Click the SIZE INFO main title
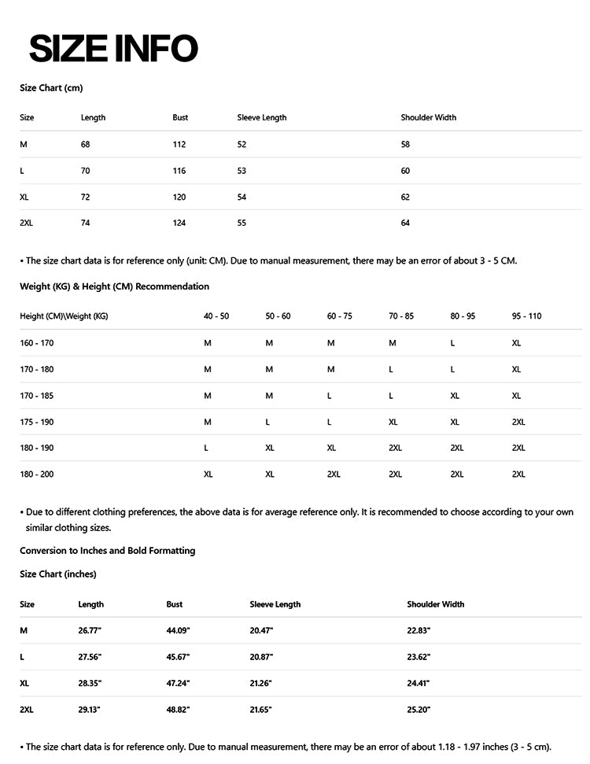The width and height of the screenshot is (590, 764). pos(113,49)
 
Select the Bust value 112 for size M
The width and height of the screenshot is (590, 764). pos(179,145)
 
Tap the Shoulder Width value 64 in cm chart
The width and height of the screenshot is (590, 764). pos(405,223)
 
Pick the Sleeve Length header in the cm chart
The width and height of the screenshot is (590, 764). pos(262,118)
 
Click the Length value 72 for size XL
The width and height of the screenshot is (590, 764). pos(86,197)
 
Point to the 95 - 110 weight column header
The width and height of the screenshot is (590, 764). pos(526,316)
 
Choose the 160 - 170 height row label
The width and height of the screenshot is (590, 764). pos(37,343)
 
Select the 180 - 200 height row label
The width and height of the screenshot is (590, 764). pos(37,474)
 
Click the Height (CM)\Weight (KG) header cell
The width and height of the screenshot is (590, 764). pos(64,316)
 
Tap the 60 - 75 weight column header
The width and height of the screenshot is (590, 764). pos(340,316)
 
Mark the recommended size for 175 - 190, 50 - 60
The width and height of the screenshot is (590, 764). pos(267,422)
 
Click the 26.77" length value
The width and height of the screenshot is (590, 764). pos(90,631)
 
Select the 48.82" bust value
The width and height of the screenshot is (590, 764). pos(178,710)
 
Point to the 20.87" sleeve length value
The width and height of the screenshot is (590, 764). pos(261,657)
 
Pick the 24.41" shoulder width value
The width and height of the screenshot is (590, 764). pos(419,683)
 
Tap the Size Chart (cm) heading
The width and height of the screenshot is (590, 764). pos(51,88)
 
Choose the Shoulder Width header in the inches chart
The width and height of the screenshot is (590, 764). pos(436,604)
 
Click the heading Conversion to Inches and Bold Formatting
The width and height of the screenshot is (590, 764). pos(107,551)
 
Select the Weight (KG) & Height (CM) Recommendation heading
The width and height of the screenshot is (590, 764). pos(115,286)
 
